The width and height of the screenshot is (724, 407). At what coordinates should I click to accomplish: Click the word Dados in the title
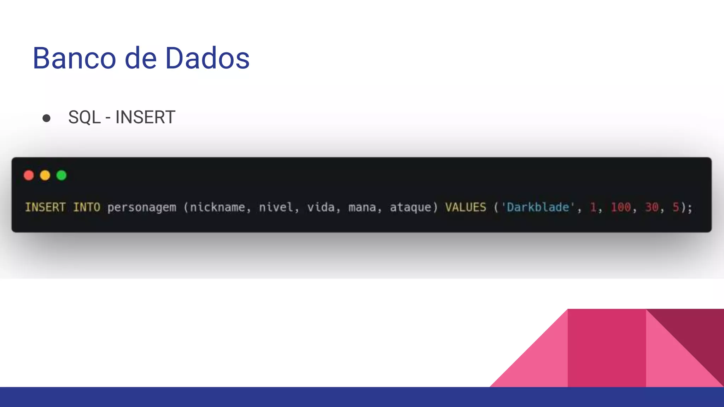(208, 58)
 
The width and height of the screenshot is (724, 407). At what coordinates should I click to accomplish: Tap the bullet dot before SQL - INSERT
(46, 118)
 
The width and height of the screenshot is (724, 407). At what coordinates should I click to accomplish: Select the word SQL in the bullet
(84, 117)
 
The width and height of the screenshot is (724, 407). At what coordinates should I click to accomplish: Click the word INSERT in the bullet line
(145, 117)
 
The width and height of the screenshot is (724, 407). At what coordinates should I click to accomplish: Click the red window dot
(29, 175)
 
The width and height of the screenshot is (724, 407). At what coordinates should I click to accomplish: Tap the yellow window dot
(45, 175)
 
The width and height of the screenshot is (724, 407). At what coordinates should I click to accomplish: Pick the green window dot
(62, 175)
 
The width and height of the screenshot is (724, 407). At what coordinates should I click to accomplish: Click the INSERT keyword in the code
(45, 207)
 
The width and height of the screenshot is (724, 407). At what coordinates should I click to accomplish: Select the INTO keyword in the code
(87, 207)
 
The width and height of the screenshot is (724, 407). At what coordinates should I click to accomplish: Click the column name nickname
(217, 207)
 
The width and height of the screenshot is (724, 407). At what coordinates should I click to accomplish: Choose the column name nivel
(276, 207)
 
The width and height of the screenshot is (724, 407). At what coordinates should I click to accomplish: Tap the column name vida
(321, 207)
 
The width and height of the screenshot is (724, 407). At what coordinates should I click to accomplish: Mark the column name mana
(362, 207)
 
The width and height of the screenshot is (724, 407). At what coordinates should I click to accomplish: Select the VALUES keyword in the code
(466, 207)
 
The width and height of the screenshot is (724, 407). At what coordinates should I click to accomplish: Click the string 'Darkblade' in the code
(538, 207)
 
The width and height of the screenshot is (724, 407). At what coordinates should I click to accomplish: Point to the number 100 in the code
(621, 207)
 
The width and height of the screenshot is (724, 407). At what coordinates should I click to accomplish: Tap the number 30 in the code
(652, 207)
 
